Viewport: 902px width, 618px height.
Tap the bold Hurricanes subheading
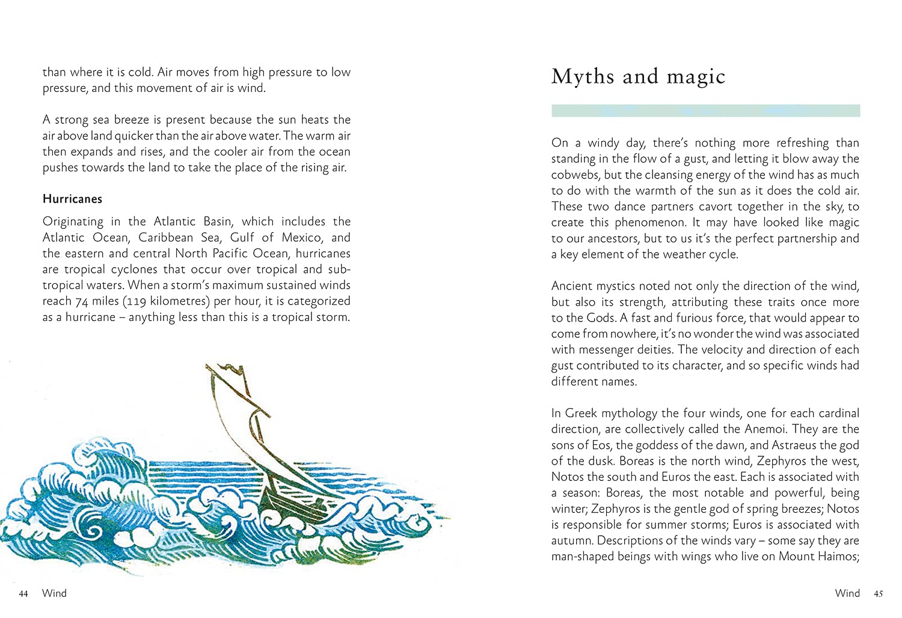click(72, 199)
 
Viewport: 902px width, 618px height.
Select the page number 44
click(23, 594)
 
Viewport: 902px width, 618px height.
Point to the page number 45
click(878, 594)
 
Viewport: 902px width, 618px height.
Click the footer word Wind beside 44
click(54, 593)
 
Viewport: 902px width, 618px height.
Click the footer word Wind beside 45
click(847, 593)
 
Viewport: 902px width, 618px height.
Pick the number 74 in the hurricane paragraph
click(81, 302)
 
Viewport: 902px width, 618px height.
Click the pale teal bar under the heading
click(705, 111)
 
